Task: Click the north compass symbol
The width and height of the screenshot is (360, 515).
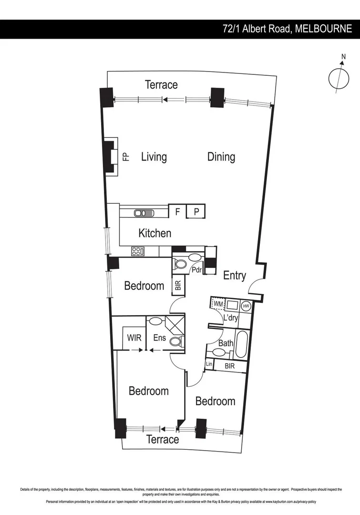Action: pos(338,78)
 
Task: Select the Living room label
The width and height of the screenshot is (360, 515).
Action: pos(154,157)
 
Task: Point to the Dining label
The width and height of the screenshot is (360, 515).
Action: pos(221,157)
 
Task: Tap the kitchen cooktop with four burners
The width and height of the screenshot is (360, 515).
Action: pos(138,251)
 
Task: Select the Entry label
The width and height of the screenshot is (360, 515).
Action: pos(235,276)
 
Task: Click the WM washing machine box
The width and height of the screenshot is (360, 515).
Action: pos(217,304)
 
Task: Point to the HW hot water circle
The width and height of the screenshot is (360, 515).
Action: pos(246,306)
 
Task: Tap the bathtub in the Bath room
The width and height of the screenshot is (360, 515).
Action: pos(240,344)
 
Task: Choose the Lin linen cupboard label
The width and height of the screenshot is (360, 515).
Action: pos(209,365)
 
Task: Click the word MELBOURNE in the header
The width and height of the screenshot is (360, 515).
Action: pos(323,29)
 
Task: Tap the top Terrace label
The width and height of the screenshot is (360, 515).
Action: pos(161,85)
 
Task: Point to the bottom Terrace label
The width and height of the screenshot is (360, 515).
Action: pos(163,439)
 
